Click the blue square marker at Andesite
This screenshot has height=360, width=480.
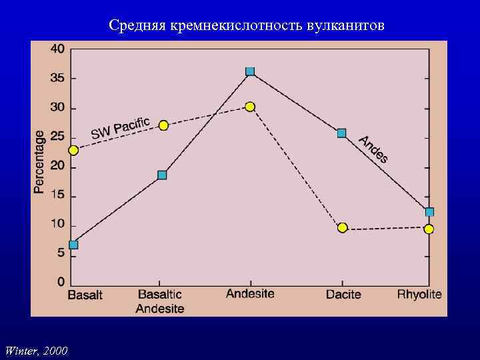(x=250, y=71)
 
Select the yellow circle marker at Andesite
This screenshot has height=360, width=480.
(x=250, y=107)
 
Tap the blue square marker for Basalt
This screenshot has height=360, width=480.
(x=73, y=245)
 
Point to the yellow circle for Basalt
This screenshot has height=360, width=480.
(x=73, y=150)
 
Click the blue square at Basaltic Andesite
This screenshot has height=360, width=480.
(x=162, y=175)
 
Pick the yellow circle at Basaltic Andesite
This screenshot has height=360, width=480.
(x=163, y=125)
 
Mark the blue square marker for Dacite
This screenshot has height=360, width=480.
(x=342, y=133)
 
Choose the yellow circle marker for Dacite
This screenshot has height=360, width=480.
(x=342, y=227)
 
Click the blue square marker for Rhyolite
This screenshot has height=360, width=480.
(x=429, y=212)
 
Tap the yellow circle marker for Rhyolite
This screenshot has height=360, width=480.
(x=429, y=229)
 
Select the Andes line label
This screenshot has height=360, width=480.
(x=373, y=149)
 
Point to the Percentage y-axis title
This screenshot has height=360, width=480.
(x=39, y=162)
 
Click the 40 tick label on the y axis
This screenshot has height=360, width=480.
(x=57, y=49)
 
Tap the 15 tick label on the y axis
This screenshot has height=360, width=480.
(x=57, y=195)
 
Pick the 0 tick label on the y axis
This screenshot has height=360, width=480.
(x=61, y=281)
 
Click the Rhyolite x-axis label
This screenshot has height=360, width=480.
(x=419, y=295)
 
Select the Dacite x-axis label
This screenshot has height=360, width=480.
(x=343, y=295)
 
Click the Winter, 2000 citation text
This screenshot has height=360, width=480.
(x=36, y=349)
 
